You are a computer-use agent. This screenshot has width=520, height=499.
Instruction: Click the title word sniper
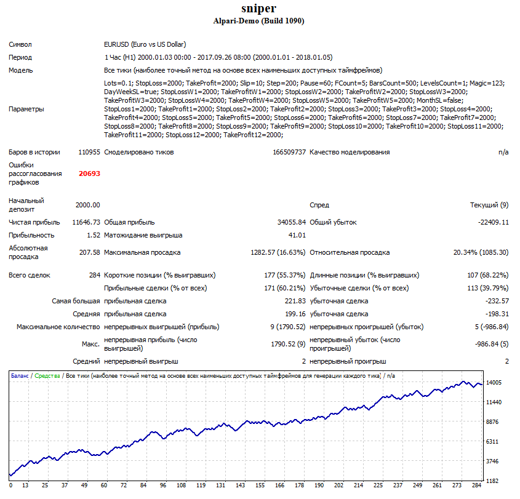tap(258, 9)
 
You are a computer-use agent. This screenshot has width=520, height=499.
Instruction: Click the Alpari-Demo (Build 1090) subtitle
tap(258, 21)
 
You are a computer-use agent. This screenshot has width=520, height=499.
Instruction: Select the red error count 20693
tap(89, 174)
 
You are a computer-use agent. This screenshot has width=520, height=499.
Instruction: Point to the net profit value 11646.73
tap(86, 222)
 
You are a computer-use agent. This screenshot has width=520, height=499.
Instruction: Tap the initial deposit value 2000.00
tap(87, 205)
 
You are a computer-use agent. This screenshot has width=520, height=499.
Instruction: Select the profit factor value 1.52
tap(93, 235)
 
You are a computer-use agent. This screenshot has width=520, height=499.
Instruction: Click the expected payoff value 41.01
tap(297, 235)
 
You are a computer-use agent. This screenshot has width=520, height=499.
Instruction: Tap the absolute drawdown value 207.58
tap(89, 252)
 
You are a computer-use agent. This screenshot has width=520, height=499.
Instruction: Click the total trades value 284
tap(94, 275)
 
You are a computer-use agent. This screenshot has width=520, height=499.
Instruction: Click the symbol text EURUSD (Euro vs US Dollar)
tap(145, 44)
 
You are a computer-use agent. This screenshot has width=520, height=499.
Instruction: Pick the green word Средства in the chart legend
tap(47, 375)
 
